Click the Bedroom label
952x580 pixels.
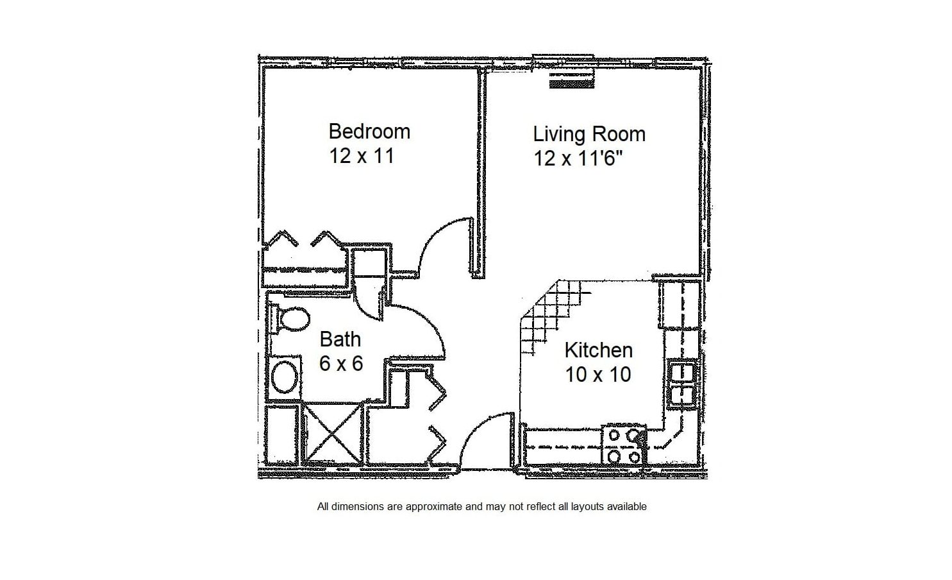pyautogui.click(x=369, y=132)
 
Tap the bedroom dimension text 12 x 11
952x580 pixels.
pyautogui.click(x=362, y=156)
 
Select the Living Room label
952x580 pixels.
pyautogui.click(x=590, y=134)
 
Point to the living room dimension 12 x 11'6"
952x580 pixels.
pyautogui.click(x=578, y=158)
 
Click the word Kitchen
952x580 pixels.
pyautogui.click(x=599, y=350)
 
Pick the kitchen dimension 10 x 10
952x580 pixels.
pyautogui.click(x=598, y=375)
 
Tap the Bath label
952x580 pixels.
pyautogui.click(x=340, y=339)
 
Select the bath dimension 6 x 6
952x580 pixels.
pyautogui.click(x=341, y=364)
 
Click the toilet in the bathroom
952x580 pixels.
pyautogui.click(x=290, y=320)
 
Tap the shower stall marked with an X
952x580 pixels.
pyautogui.click(x=333, y=432)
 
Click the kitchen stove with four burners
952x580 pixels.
pyautogui.click(x=624, y=445)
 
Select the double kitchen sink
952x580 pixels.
pyautogui.click(x=682, y=384)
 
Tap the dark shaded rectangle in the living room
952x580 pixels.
pyautogui.click(x=572, y=81)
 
